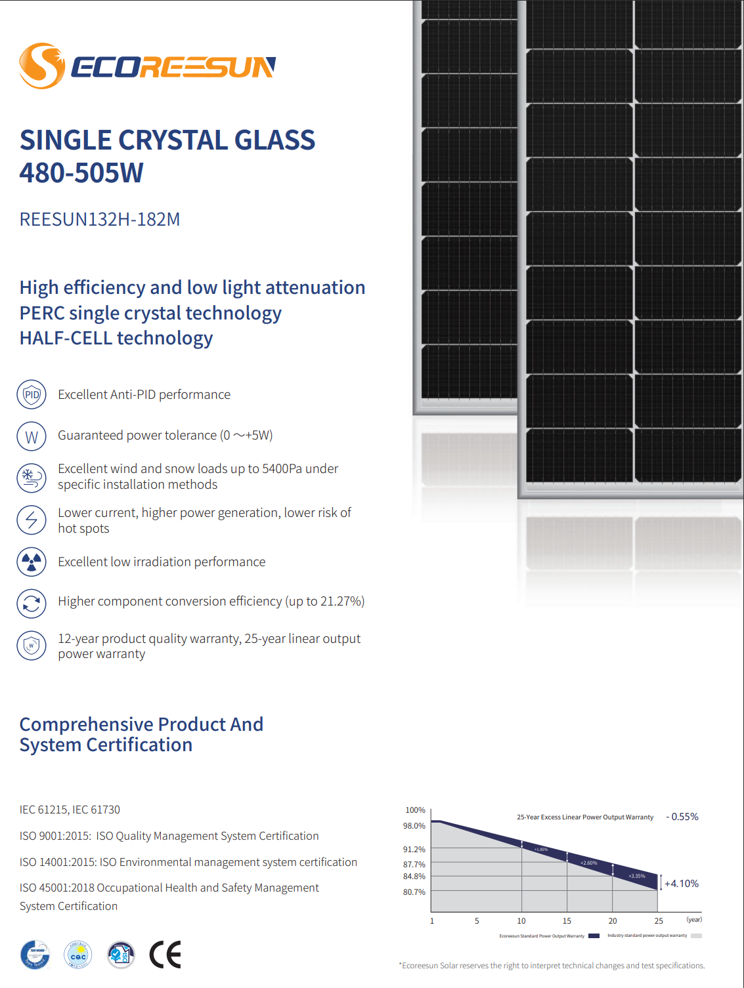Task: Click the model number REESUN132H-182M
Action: click(x=100, y=219)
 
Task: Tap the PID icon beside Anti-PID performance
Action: click(x=32, y=395)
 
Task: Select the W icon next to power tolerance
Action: click(x=32, y=437)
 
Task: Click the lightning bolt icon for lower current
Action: click(x=32, y=520)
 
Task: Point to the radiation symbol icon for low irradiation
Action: click(x=32, y=562)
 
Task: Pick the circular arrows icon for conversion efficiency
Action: click(x=32, y=604)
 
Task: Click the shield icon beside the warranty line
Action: click(x=32, y=646)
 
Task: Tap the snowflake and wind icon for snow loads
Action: click(x=32, y=478)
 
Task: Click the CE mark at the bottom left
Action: click(x=165, y=955)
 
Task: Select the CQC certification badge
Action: click(x=78, y=955)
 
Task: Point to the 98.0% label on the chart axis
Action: click(x=414, y=826)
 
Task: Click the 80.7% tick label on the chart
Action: click(x=414, y=892)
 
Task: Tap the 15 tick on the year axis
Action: click(x=567, y=921)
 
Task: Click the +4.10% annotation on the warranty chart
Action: click(x=682, y=884)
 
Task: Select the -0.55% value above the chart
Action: click(x=683, y=817)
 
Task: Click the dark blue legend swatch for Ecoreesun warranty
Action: click(x=594, y=936)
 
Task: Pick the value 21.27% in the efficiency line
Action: click(x=341, y=602)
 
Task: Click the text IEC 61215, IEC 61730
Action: click(x=70, y=810)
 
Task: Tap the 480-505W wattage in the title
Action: click(x=81, y=173)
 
